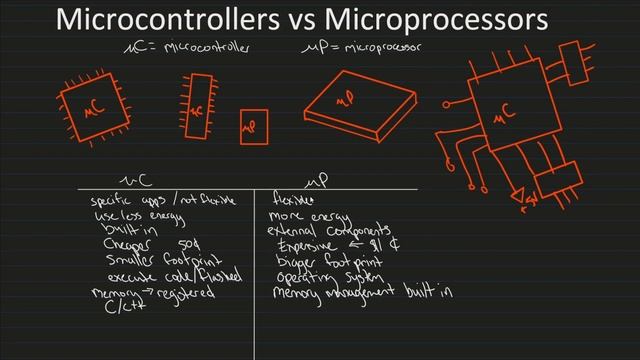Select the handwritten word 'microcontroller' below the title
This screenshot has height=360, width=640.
click(x=205, y=46)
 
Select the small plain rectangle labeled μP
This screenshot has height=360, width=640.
click(x=254, y=127)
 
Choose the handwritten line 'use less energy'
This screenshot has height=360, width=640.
click(x=127, y=215)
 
